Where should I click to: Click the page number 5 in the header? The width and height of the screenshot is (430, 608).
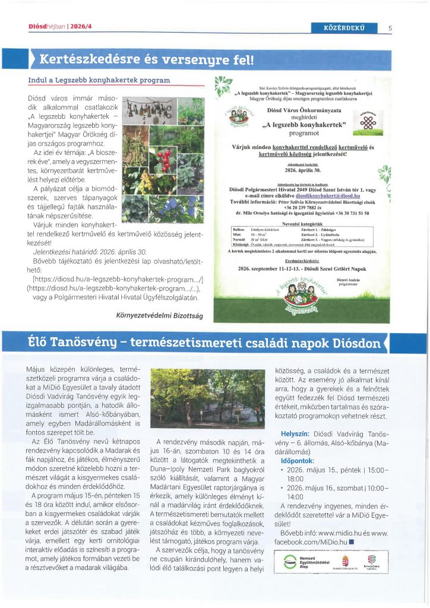(390, 27)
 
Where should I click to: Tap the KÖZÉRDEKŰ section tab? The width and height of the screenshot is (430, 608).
(344, 27)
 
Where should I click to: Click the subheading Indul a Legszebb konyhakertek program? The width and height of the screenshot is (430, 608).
(99, 80)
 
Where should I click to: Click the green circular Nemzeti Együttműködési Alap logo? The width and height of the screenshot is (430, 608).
(289, 562)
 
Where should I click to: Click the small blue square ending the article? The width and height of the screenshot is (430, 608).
(352, 543)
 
